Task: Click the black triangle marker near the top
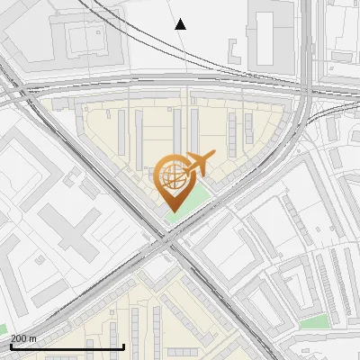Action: [x=180, y=24]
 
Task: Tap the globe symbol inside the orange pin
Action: [x=171, y=176]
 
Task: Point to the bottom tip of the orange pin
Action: [x=171, y=211]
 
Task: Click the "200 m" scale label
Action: [x=24, y=338]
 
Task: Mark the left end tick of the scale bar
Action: [x=10, y=346]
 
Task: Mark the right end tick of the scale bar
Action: [x=123, y=346]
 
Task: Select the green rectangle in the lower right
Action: [x=313, y=321]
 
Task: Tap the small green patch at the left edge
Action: [x=3, y=330]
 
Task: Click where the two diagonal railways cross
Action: [x=167, y=241]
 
